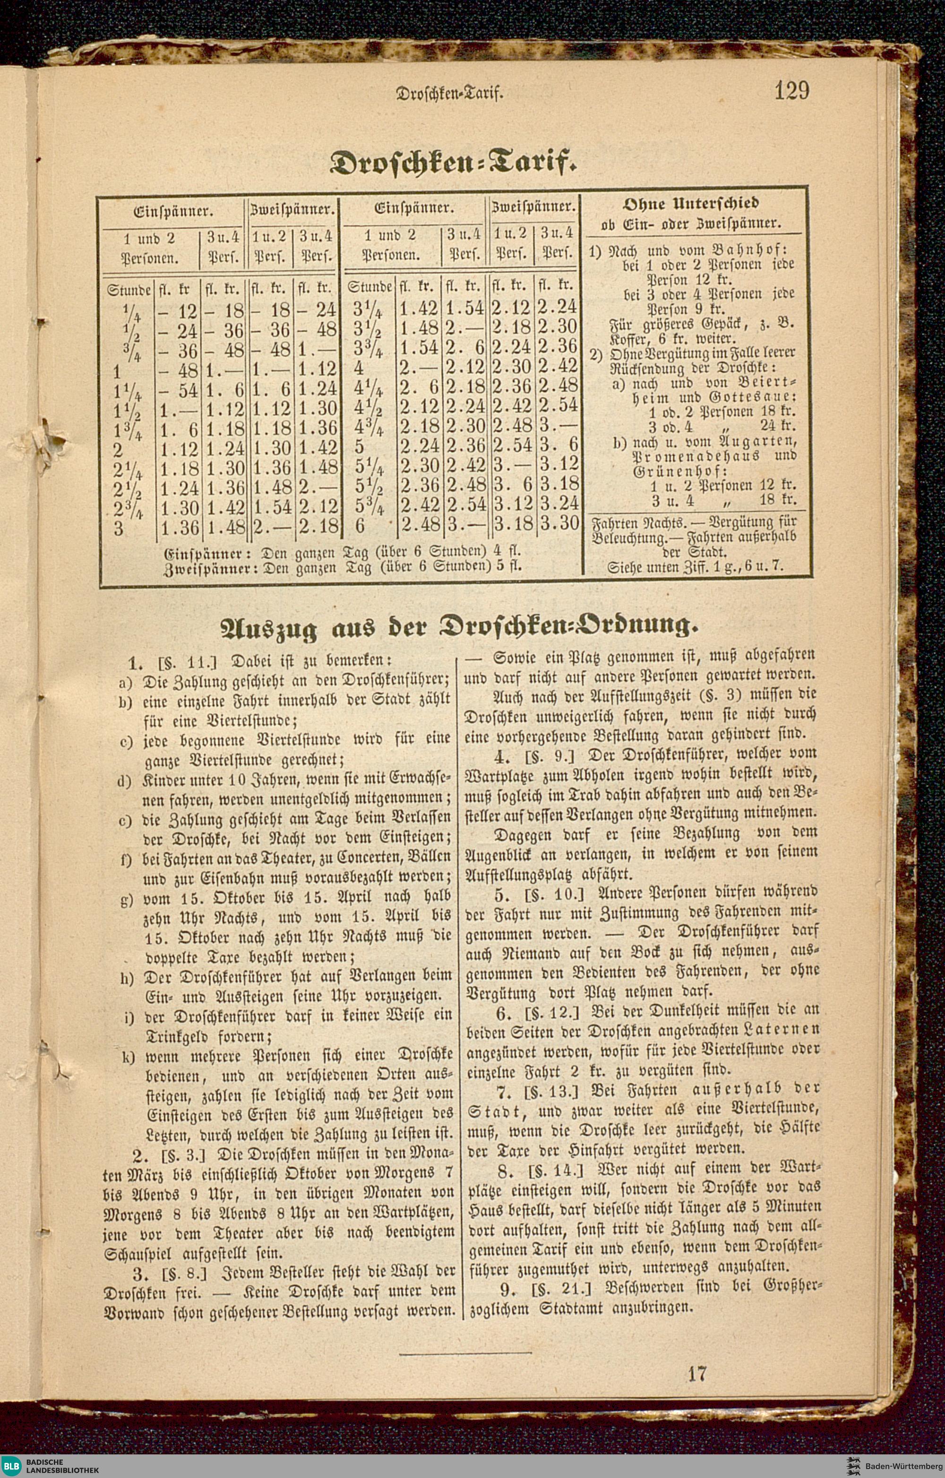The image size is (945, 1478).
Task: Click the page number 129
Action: tap(791, 91)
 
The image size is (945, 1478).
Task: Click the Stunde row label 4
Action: tap(359, 368)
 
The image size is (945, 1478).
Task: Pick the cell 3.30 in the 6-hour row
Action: tap(559, 523)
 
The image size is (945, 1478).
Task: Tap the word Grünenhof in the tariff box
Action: tap(680, 471)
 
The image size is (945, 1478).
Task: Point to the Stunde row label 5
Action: tap(360, 447)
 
